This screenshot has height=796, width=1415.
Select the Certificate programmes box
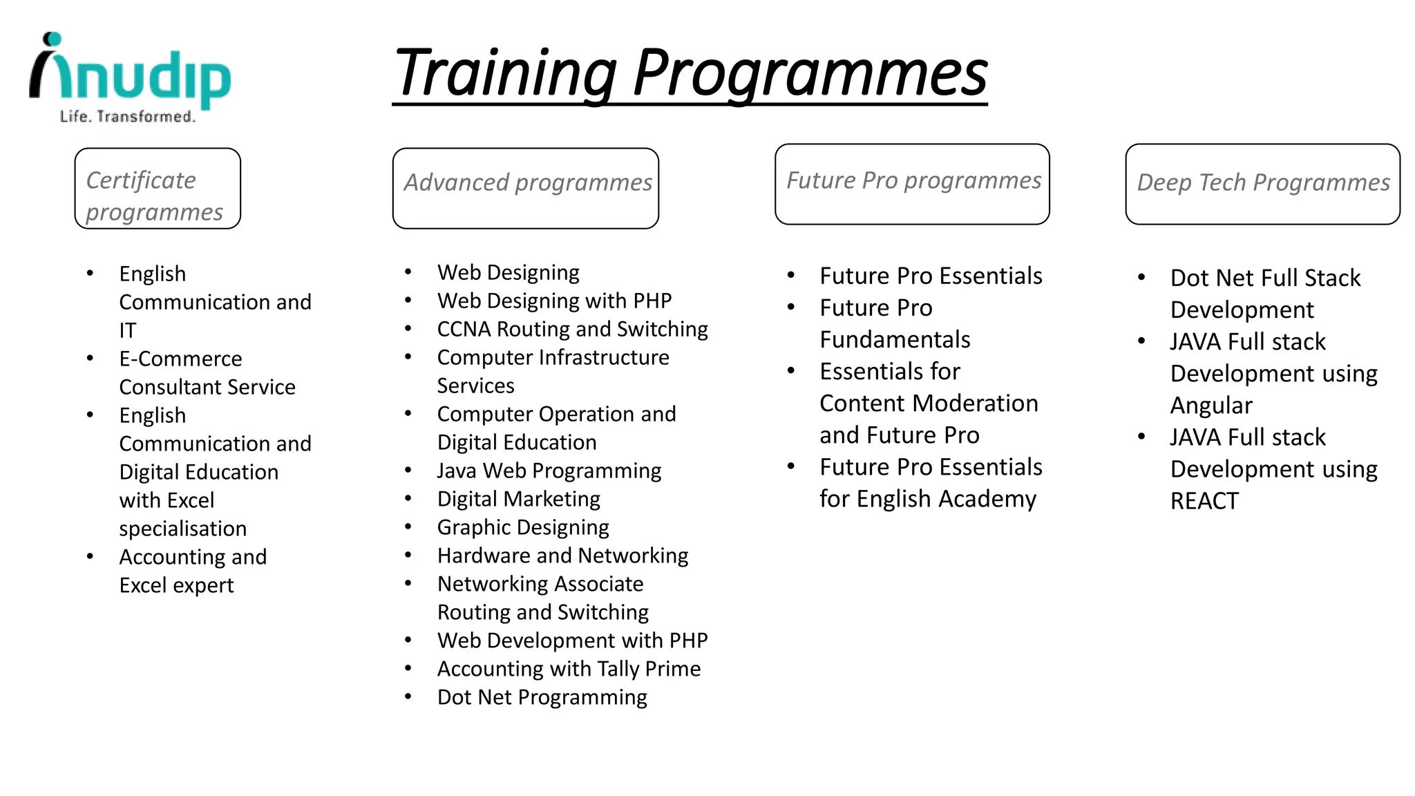coord(158,188)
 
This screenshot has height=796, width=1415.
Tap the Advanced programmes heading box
coord(526,188)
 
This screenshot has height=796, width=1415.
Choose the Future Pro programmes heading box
coord(912,184)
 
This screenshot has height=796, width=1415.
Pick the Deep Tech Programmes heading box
coord(1262,184)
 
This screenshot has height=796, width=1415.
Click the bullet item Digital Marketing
coord(518,499)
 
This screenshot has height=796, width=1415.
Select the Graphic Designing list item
coord(523,527)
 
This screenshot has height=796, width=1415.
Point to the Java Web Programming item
coord(549,471)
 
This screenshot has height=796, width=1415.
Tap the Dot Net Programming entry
coord(542,697)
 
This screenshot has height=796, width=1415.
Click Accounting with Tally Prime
coord(569,669)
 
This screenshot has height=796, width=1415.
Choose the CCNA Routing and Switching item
coord(573,329)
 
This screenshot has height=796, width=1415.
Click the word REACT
coord(1204,501)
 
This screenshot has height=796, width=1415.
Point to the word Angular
coord(1211,406)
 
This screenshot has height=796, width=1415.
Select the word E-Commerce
coord(180,359)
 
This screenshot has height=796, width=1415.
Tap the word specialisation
coord(182,529)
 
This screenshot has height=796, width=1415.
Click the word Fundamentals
coord(895,340)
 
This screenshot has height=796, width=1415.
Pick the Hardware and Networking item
coord(562,556)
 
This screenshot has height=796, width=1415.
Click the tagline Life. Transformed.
coord(128,117)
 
